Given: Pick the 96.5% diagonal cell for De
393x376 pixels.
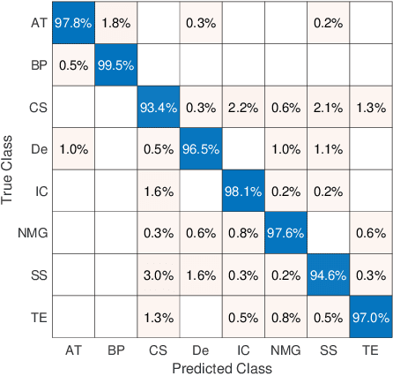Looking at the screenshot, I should click(201, 149).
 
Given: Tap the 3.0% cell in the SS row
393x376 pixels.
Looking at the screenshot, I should click(159, 274).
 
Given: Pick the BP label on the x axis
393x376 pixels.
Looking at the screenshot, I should click(115, 349).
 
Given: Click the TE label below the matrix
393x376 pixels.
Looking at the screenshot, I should click(371, 349).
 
